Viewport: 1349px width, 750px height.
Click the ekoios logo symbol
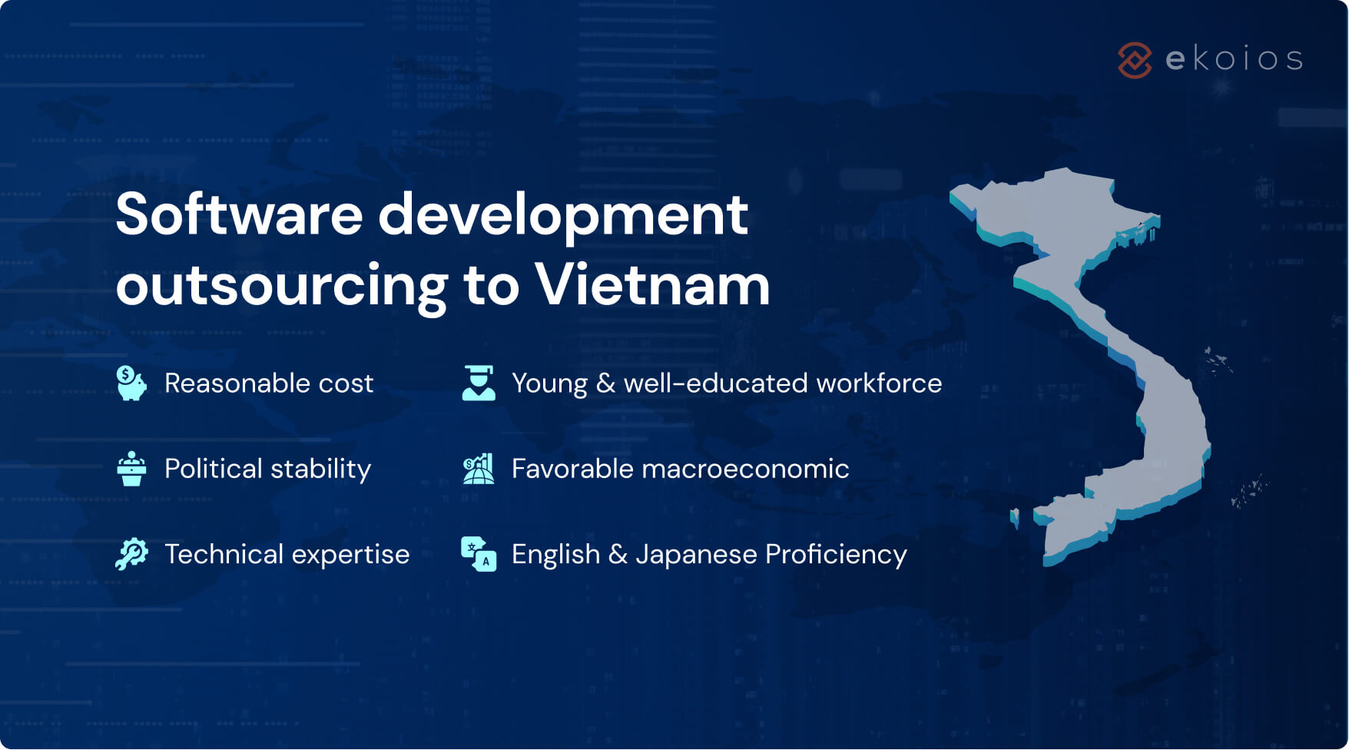1135,60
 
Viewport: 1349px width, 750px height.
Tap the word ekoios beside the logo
1234,59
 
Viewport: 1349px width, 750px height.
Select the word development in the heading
563,215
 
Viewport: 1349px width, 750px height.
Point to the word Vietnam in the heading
652,285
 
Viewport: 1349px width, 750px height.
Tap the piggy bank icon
131,383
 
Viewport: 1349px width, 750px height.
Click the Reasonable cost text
269,383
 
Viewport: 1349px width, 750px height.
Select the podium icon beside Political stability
131,469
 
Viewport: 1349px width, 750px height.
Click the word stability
320,469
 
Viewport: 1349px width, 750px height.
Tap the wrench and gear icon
131,554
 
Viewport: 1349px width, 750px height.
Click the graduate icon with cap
479,383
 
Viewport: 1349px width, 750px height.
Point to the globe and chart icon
479,469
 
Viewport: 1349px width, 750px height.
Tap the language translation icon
479,554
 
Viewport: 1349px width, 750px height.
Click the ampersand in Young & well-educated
605,383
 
